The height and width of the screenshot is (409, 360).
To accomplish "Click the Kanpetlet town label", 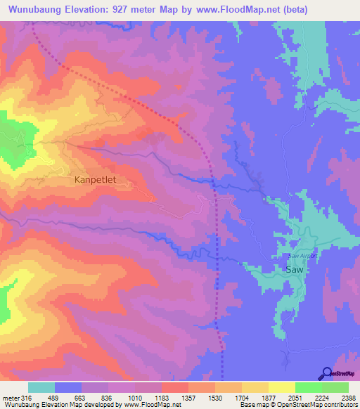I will click(x=95, y=180).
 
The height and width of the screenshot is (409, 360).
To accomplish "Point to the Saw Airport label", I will click(x=303, y=256).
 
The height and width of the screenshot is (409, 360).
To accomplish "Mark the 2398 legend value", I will click(x=348, y=397).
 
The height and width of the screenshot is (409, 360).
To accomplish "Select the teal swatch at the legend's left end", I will click(x=41, y=387).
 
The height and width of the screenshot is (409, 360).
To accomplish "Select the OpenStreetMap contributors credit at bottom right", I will click(x=323, y=405).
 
